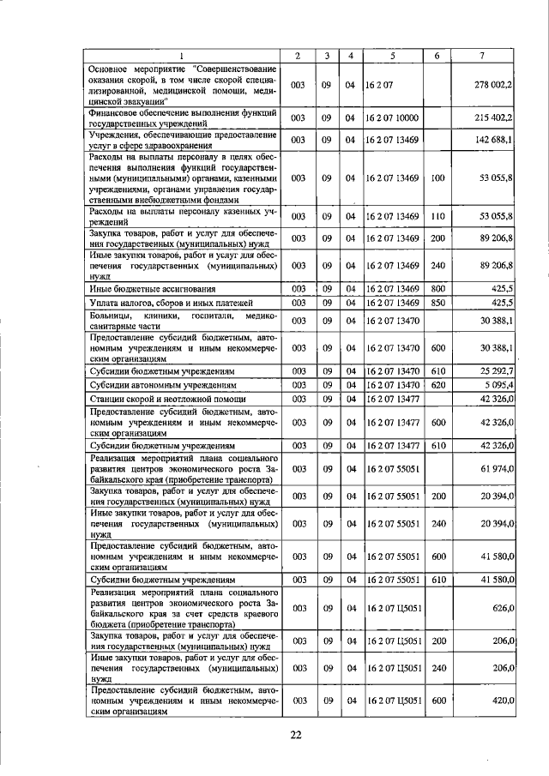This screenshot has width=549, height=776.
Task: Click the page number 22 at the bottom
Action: (296, 734)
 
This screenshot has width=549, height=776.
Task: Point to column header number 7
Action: (483, 56)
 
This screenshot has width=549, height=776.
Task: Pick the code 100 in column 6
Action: (437, 177)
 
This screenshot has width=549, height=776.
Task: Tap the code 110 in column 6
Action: (437, 216)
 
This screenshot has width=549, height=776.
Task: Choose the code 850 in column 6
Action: (437, 304)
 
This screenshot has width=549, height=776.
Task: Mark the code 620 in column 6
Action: (437, 385)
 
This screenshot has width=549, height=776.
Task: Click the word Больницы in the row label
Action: (111, 316)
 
